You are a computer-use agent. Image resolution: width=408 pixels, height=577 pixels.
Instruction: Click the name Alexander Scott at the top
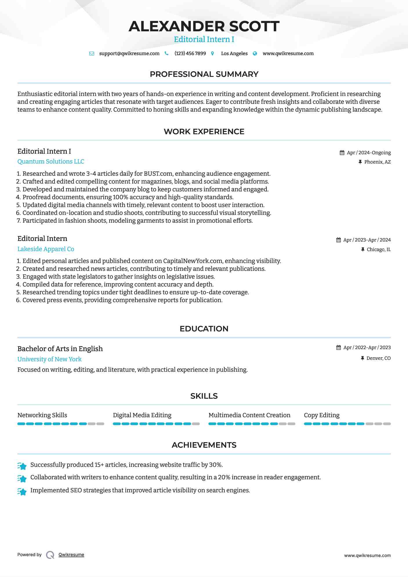[x=204, y=26]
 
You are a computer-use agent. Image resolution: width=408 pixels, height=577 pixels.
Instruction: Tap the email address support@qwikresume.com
[x=129, y=53]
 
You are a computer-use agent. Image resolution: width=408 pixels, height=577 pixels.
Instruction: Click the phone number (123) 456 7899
[x=190, y=53]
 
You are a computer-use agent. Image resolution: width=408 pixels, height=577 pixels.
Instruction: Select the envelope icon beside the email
[x=92, y=53]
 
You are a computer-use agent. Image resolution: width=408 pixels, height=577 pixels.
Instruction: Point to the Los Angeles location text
[x=234, y=53]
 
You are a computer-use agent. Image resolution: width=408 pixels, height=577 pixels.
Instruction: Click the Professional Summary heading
[x=204, y=74]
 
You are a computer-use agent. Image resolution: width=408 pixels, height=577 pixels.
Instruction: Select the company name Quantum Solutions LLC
[x=51, y=162]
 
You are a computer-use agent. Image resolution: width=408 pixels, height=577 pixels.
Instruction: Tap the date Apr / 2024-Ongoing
[x=369, y=153]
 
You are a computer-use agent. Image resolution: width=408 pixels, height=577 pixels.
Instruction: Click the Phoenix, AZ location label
[x=377, y=162]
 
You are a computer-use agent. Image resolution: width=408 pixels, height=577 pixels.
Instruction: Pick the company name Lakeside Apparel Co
[x=46, y=249]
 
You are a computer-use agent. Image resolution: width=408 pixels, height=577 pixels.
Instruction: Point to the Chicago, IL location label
[x=378, y=249]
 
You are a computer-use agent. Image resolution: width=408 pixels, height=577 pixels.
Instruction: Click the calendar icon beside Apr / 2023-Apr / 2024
[x=338, y=240]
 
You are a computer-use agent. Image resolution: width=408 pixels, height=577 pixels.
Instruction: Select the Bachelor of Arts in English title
[x=60, y=349]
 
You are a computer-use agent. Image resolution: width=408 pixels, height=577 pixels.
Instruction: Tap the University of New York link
[x=49, y=359]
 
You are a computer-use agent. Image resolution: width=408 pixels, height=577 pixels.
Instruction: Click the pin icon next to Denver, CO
[x=362, y=358]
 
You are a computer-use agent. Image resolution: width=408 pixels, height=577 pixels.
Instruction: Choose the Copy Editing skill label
[x=322, y=415]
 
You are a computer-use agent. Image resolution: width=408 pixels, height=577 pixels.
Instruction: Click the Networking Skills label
[x=42, y=415]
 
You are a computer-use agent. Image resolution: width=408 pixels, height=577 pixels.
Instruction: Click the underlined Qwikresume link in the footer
[x=71, y=555]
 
